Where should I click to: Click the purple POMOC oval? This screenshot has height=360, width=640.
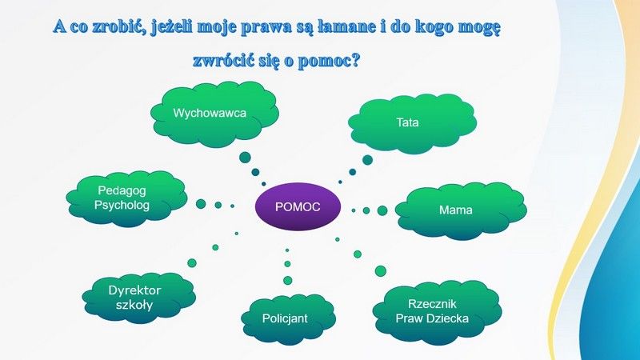point(298,206)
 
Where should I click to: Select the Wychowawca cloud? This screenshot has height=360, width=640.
point(214,114)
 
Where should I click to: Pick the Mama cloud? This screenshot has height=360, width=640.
point(462,210)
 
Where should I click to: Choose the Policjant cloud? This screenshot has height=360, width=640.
point(289,318)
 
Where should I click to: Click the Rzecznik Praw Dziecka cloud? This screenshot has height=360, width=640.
point(437,312)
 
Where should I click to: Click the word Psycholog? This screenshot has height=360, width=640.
point(122,205)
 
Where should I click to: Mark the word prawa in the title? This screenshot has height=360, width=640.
point(266,28)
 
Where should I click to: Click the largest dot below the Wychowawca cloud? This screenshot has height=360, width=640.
point(245,157)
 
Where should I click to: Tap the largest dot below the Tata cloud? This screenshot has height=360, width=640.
point(367,159)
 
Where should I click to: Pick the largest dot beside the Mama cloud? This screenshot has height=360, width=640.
point(382,210)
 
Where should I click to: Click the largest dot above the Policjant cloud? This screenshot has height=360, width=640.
point(288,281)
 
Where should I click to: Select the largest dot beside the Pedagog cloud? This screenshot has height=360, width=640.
point(201,204)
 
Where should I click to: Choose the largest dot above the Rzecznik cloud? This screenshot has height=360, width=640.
point(381,270)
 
